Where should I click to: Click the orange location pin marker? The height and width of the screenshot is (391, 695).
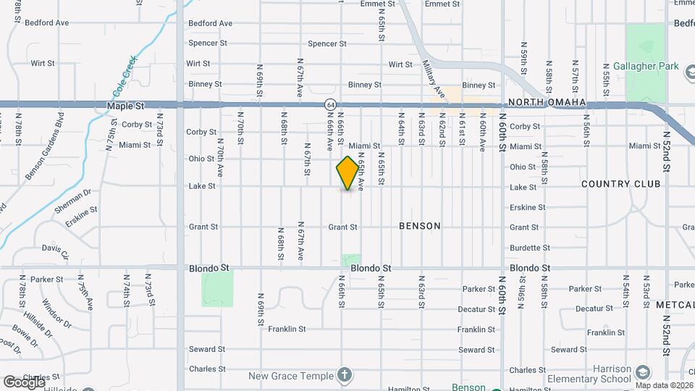pos(348,172)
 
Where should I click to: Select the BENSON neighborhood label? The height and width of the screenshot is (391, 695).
pos(420,226)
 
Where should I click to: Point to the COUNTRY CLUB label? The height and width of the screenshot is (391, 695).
pos(621,184)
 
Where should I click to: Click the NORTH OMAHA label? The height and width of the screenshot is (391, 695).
pos(547,102)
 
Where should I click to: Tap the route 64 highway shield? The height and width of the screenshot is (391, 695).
pos(329,104)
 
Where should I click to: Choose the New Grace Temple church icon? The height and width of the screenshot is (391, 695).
pos(345,375)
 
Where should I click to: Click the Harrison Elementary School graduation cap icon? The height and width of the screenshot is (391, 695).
pos(641,373)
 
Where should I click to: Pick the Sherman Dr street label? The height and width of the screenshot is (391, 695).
pos(73,201)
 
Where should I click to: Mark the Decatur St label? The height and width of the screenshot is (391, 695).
pos(476,309)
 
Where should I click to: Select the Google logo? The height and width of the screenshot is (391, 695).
pos(24,382)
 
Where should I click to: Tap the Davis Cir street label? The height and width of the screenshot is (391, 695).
pos(55,251)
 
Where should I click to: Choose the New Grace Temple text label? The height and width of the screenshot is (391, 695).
pos(291,376)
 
